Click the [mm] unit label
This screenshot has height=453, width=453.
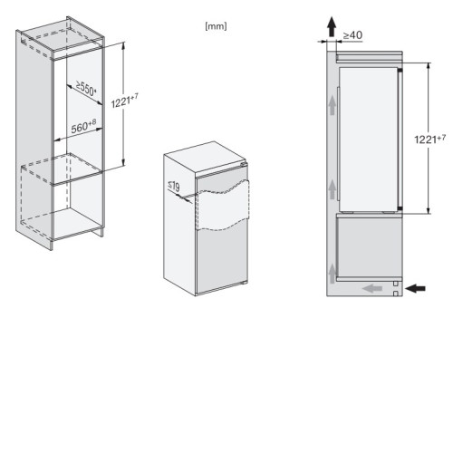[216, 26]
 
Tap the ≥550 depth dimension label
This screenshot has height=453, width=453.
[86, 88]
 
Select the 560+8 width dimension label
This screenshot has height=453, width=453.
[83, 126]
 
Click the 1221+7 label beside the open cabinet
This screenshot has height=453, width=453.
[125, 101]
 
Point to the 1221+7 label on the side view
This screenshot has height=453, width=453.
[429, 139]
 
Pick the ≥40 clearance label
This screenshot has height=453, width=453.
[352, 35]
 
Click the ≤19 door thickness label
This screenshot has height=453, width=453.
[174, 186]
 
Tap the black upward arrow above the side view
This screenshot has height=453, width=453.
[332, 26]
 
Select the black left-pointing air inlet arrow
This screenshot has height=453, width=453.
[415, 288]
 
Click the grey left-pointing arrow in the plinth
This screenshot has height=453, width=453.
[372, 289]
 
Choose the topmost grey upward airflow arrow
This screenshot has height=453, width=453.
[333, 105]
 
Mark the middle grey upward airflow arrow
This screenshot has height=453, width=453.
[333, 189]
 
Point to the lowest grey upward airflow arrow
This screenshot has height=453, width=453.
[333, 274]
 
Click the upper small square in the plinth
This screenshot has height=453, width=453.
[396, 284]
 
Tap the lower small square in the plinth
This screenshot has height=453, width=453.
[396, 294]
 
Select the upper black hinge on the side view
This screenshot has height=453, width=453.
[400, 71]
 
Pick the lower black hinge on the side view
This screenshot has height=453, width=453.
[400, 208]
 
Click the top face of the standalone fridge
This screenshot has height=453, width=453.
[206, 158]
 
